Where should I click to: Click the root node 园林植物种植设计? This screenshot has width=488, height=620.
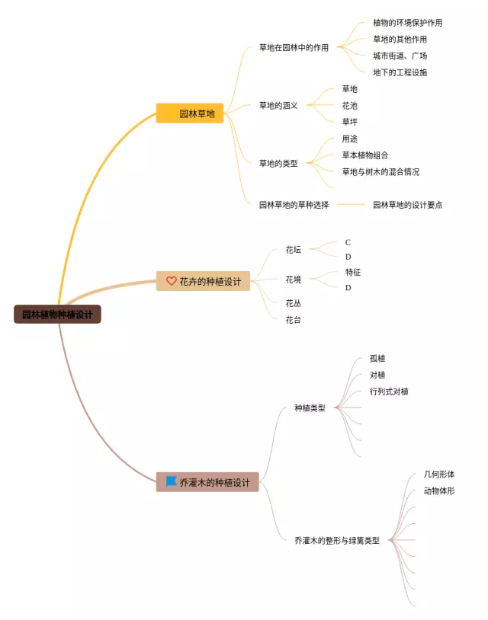click(x=57, y=314)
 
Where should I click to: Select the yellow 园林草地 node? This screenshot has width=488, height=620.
click(x=190, y=113)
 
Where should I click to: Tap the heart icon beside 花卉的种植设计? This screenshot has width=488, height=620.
click(x=172, y=281)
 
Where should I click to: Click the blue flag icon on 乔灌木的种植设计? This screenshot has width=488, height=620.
click(x=172, y=481)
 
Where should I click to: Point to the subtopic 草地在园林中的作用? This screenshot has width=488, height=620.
click(x=294, y=47)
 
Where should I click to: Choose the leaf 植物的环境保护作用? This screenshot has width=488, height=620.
click(x=407, y=23)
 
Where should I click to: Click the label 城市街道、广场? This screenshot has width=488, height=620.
click(x=400, y=56)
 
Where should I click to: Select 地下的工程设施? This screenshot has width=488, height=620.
click(x=400, y=72)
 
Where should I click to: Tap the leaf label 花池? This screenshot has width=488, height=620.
click(x=349, y=106)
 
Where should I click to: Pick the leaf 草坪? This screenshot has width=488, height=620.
click(x=349, y=122)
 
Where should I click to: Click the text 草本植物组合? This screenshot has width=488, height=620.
click(x=365, y=155)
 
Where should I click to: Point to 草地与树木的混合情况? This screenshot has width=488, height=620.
click(x=380, y=172)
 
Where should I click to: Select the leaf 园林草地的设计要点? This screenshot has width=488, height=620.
click(x=407, y=204)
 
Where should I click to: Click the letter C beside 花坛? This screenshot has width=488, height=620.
click(x=348, y=242)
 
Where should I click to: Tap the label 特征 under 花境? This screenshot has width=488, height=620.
click(x=353, y=272)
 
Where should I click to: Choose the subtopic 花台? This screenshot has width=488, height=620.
click(x=293, y=320)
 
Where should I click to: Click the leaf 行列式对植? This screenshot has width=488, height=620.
click(x=389, y=391)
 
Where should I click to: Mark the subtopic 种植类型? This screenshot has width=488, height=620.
click(x=310, y=408)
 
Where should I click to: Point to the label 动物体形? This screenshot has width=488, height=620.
click(x=439, y=491)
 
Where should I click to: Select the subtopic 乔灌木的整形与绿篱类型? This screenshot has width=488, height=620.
click(x=336, y=541)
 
